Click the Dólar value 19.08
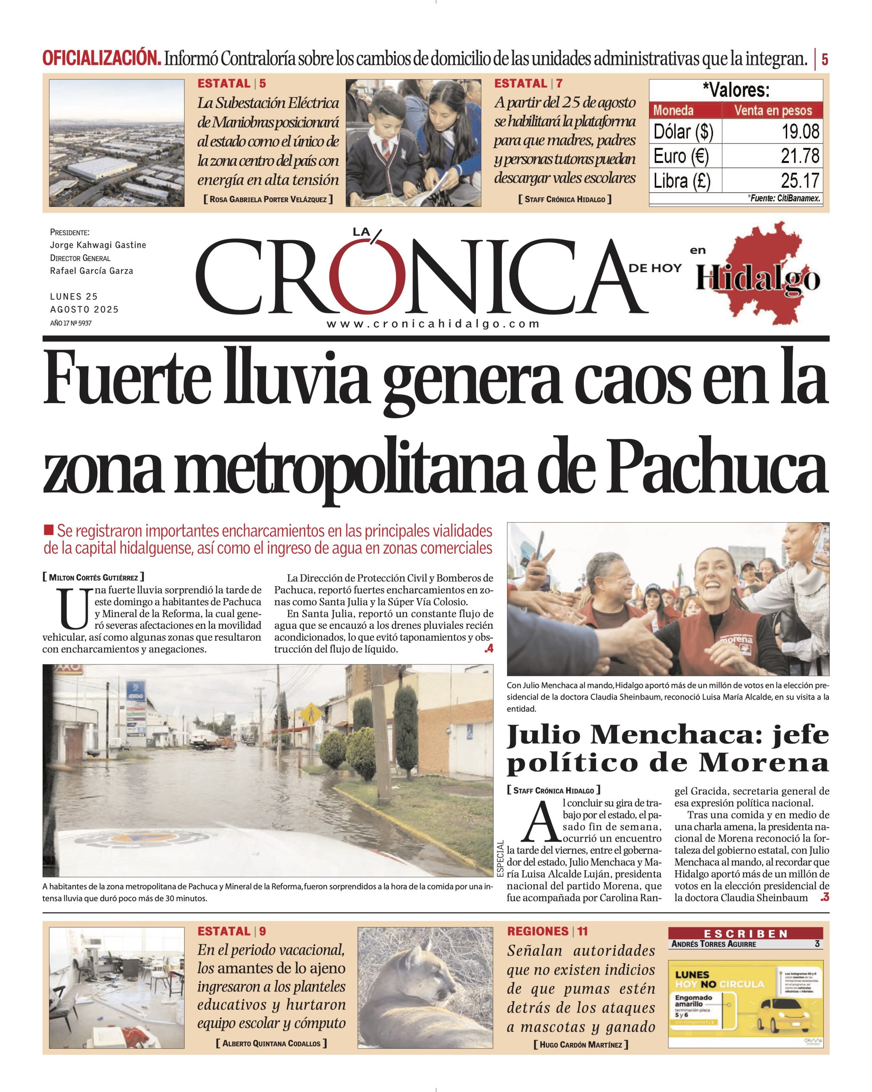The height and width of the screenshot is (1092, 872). coord(800,132)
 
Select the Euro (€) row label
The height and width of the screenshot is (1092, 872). coord(681,156)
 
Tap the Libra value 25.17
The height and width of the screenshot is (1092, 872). coord(800,181)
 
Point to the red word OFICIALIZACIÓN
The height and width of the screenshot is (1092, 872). coord(102,59)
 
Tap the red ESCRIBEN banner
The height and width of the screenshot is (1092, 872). coord(745,933)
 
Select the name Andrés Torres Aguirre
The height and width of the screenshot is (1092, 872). coord(713,944)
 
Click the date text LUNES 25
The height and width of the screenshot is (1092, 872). coord(74,297)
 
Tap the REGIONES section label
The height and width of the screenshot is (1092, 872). coord(538,932)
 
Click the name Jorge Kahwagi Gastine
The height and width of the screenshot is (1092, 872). coord(98,245)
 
